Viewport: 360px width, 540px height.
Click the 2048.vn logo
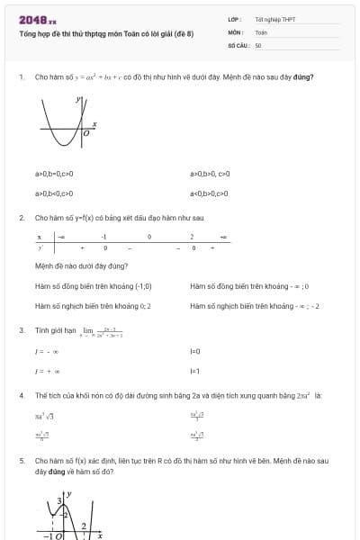click(38, 19)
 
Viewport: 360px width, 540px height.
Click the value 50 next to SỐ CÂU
click(258, 44)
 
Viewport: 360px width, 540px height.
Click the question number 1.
click(21, 77)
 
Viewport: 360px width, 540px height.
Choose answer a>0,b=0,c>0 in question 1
click(54, 174)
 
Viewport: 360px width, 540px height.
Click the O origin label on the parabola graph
click(85, 133)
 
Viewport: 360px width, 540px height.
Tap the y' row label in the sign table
click(40, 247)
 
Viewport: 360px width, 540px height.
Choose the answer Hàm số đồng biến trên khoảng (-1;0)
click(94, 286)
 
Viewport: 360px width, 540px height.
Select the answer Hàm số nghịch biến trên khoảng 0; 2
click(94, 306)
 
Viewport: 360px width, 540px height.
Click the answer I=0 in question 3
click(194, 351)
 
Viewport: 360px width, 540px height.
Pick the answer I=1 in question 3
click(194, 371)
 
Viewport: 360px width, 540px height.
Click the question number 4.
click(21, 395)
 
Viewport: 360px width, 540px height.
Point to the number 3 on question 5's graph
click(60, 499)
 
